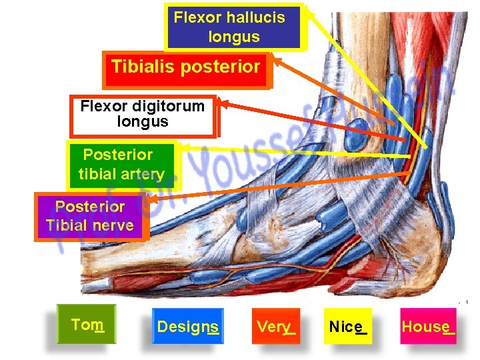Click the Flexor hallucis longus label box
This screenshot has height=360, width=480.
(x=234, y=27)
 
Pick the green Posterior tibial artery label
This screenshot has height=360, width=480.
(x=121, y=165)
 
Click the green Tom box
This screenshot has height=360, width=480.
(x=87, y=325)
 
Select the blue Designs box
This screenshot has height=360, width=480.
(x=187, y=327)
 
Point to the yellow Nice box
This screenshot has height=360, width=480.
(x=347, y=327)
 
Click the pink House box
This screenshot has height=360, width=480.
(x=428, y=327)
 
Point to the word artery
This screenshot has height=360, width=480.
(x=143, y=175)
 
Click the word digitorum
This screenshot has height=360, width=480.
(x=163, y=106)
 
